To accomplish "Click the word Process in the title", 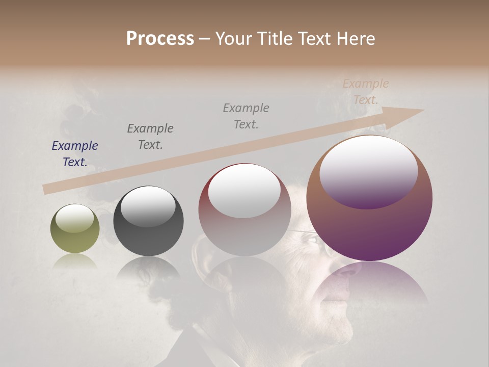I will pyautogui.click(x=160, y=39).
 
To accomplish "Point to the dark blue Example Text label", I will pyautogui.click(x=75, y=154).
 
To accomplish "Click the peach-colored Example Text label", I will pyautogui.click(x=366, y=92).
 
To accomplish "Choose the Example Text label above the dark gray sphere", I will pyautogui.click(x=150, y=137).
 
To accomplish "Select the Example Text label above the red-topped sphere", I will pyautogui.click(x=246, y=116).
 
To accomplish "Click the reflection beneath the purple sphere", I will pyautogui.click(x=369, y=280).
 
